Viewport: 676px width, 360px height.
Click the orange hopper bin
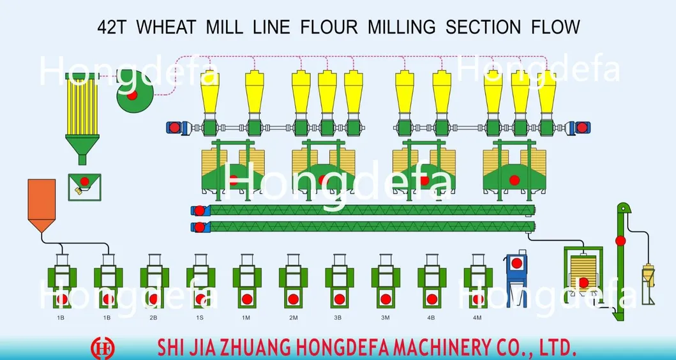pyautogui.click(x=42, y=206)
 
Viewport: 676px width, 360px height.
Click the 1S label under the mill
pyautogui.click(x=200, y=318)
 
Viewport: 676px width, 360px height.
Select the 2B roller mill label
pyautogui.click(x=153, y=318)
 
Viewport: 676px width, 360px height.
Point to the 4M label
pyautogui.click(x=477, y=318)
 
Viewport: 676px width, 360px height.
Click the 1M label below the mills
pyautogui.click(x=246, y=318)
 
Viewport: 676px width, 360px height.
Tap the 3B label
pyautogui.click(x=338, y=318)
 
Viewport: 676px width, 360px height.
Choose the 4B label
pyautogui.click(x=431, y=318)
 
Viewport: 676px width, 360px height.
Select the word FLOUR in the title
pyautogui.click(x=329, y=27)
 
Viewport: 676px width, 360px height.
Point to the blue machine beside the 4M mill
pyautogui.click(x=516, y=278)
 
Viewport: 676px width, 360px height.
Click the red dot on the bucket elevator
pyautogui.click(x=620, y=241)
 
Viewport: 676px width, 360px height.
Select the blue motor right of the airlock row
pyautogui.click(x=578, y=128)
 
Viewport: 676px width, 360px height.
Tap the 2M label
pyautogui.click(x=293, y=318)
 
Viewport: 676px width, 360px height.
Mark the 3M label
pyautogui.click(x=385, y=318)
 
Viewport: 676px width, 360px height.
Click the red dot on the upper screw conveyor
pyautogui.click(x=199, y=211)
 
